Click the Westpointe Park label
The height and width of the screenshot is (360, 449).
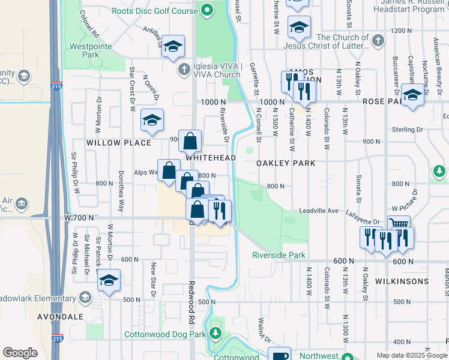pos(83,50)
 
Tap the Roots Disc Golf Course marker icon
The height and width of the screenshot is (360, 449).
pos(208,10)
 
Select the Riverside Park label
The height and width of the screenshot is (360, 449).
pos(279,255)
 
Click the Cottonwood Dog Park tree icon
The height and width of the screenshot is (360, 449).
pos(215,334)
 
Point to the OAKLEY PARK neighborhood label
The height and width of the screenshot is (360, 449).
pos(286,163)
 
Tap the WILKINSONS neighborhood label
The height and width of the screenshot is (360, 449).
pos(402,281)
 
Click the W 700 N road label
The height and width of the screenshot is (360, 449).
pos(80,217)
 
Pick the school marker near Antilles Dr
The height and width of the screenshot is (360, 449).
pos(173,46)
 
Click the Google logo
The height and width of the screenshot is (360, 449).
pos(20,353)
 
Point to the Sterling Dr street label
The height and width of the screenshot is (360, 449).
pos(407,130)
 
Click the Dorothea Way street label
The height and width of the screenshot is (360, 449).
pos(121,199)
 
